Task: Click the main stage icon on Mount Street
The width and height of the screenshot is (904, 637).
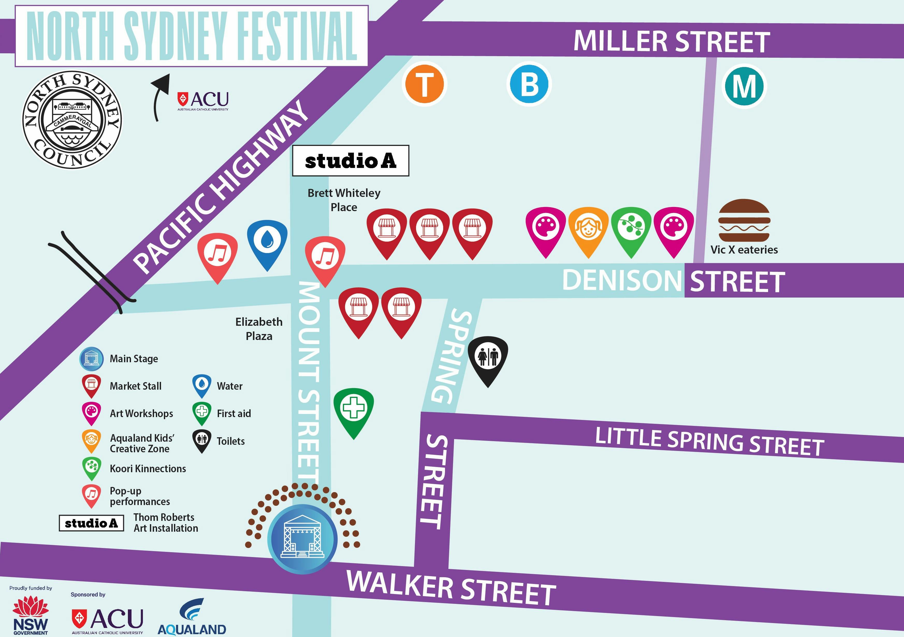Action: point(302,538)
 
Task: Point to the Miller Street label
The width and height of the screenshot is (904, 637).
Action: point(671,41)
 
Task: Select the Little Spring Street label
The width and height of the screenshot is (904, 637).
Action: point(709,441)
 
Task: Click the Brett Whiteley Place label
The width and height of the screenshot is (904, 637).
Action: point(344,200)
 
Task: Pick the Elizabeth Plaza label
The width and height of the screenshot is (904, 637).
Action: point(259,329)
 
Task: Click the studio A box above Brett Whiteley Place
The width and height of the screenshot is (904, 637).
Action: point(351,160)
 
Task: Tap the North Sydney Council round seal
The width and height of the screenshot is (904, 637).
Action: point(72,120)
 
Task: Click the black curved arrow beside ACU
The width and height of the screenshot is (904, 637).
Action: point(159,97)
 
